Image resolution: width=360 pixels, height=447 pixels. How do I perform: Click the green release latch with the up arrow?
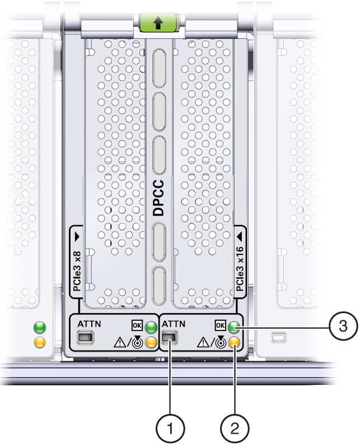click(x=158, y=22)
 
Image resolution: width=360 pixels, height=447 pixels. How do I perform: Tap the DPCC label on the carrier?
click(x=159, y=198)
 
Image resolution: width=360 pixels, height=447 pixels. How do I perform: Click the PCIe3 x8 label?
click(x=77, y=271)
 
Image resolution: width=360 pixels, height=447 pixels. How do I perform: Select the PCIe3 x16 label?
click(x=240, y=268)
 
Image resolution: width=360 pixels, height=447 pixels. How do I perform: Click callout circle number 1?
click(x=170, y=428)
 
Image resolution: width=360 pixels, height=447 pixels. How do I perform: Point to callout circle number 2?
click(x=235, y=428)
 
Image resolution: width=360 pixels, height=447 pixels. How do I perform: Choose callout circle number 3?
click(x=343, y=325)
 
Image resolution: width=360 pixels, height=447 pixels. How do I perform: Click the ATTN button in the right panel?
click(x=170, y=338)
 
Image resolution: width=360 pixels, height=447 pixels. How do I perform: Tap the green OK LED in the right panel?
click(x=233, y=327)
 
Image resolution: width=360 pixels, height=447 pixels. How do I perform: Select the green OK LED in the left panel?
click(x=151, y=327)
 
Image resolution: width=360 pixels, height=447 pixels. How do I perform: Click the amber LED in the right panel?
click(x=233, y=341)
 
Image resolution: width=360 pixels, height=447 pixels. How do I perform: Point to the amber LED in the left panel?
click(x=151, y=342)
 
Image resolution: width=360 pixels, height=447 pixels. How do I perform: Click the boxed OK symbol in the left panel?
click(x=137, y=325)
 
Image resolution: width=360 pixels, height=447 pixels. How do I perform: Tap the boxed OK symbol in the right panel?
click(x=221, y=325)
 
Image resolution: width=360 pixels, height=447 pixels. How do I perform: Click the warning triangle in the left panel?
click(x=120, y=342)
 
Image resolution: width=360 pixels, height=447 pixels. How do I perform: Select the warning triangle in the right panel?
click(x=203, y=342)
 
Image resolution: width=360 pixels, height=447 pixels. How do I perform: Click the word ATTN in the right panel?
click(x=174, y=324)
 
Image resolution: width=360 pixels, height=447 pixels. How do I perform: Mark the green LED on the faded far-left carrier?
click(x=40, y=327)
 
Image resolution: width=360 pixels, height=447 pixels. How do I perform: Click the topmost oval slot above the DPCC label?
click(x=159, y=68)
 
